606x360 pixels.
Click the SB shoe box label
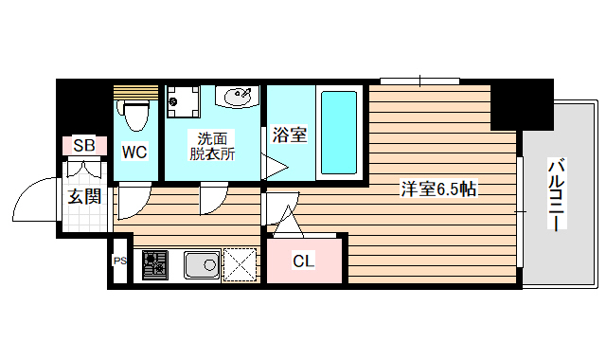(84, 146)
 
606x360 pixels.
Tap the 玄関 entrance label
(84, 197)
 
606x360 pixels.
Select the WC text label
(134, 150)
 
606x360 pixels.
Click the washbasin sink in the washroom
(238, 96)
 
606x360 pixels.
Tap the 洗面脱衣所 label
(210, 145)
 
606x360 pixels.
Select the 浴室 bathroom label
(289, 135)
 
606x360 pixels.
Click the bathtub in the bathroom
(338, 133)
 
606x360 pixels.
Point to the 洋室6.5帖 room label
(437, 189)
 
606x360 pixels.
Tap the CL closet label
(303, 261)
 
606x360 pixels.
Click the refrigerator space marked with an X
(241, 264)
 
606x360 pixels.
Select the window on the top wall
(413, 81)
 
